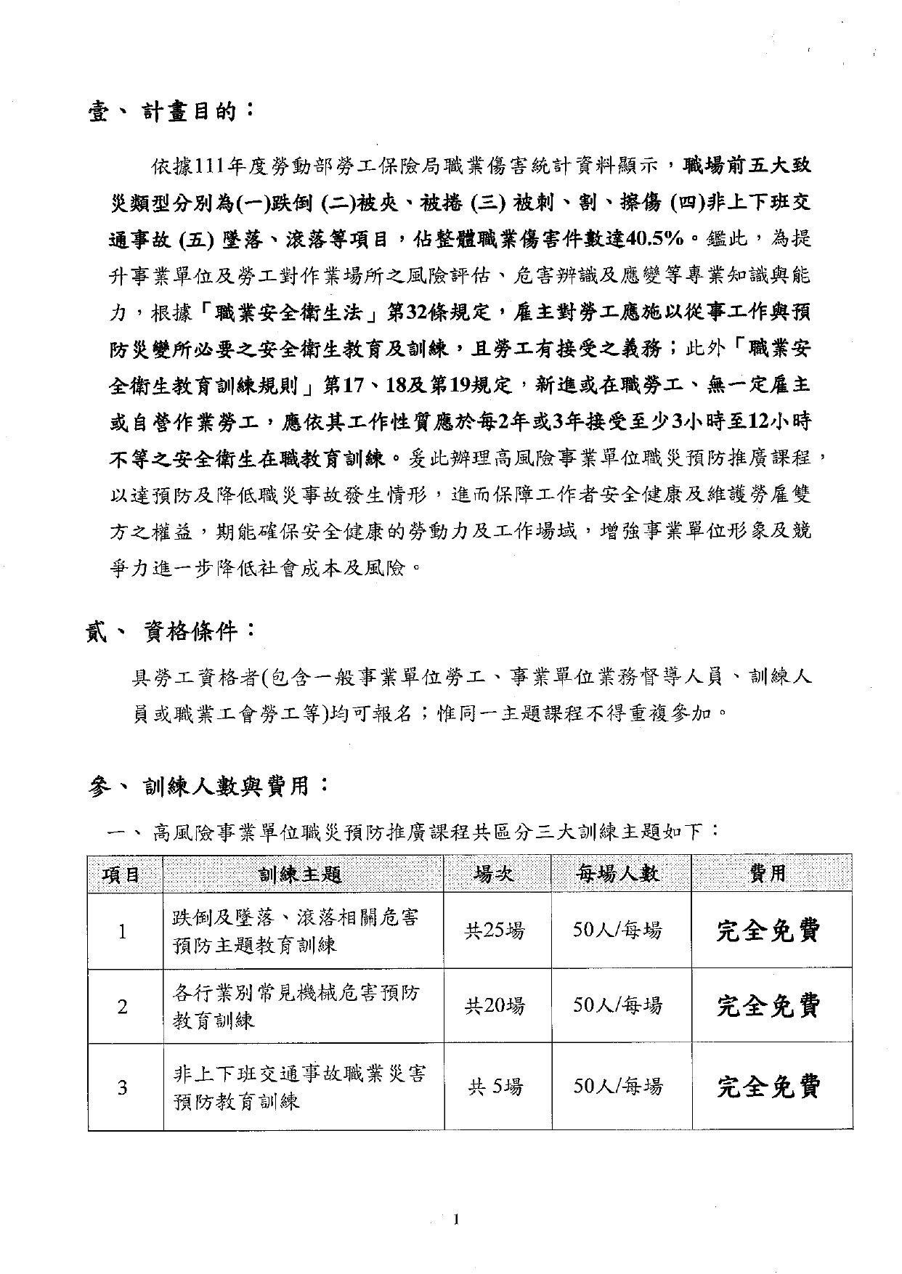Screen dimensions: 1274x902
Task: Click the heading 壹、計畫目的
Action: tap(171, 113)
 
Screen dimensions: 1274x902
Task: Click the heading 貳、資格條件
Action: tap(171, 632)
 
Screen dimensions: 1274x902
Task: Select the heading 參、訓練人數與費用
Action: tap(208, 785)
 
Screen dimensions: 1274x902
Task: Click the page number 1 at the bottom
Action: tap(455, 1220)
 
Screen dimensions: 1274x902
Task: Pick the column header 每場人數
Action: tap(619, 874)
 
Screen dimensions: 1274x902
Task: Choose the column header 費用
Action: tap(769, 874)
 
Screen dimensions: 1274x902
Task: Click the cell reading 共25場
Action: tap(495, 930)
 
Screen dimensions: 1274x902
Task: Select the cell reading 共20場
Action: tap(495, 1006)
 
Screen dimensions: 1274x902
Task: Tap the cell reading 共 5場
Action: tap(495, 1087)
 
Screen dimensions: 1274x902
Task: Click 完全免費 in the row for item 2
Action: tap(769, 1006)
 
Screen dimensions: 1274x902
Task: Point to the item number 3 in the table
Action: tap(123, 1087)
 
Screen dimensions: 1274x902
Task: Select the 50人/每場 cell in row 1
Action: tap(618, 930)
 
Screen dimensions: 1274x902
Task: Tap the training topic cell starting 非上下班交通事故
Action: tap(299, 1087)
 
